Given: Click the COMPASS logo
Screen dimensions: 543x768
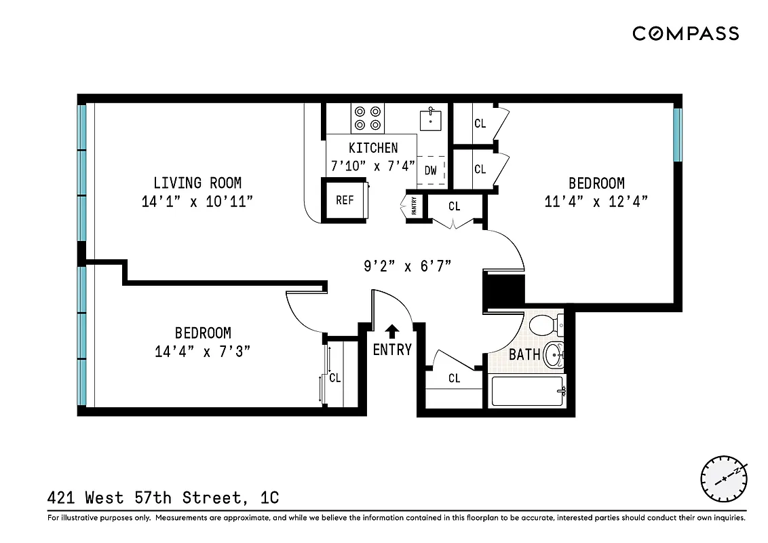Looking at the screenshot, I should [685, 33].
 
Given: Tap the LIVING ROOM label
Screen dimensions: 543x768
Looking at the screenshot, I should [197, 183].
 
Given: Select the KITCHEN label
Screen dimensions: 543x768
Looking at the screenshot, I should [373, 148].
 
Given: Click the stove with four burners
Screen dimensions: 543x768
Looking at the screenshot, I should [368, 118].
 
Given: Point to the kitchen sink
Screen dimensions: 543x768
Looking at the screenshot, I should [431, 119].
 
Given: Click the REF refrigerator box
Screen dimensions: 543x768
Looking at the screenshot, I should [345, 200].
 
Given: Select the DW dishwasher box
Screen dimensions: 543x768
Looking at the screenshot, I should [431, 170].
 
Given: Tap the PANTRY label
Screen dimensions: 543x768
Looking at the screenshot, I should [414, 205].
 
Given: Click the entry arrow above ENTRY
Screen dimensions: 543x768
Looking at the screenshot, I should [391, 331].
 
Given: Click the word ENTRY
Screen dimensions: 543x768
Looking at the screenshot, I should [392, 350].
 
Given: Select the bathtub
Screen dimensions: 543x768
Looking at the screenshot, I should [528, 392].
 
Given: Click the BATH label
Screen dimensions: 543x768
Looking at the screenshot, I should [524, 354].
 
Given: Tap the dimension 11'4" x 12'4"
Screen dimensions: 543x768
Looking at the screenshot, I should [596, 202].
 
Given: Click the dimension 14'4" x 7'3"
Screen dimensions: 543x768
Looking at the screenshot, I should [203, 352].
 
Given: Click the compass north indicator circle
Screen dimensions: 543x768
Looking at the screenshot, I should [724, 479].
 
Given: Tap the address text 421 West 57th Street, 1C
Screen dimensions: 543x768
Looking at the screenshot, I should [163, 498].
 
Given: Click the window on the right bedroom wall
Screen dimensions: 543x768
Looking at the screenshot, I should [677, 134].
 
